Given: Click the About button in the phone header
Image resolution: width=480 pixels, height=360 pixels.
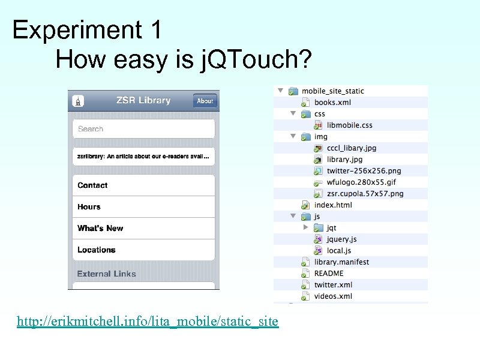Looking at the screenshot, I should [x=205, y=101].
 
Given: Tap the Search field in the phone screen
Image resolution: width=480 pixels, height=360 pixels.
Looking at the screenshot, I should [x=143, y=129].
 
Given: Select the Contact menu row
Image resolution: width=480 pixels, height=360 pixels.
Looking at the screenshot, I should [x=143, y=185].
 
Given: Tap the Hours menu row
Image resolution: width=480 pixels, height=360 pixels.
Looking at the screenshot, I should [x=143, y=207].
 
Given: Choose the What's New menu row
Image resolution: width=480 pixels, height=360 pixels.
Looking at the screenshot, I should [x=143, y=229].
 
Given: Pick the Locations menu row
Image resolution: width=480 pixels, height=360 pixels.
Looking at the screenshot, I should [x=143, y=250].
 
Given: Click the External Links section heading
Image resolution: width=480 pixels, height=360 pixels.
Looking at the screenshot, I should [x=107, y=274].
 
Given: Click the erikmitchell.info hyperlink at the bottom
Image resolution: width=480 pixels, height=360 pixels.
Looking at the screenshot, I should [x=148, y=322].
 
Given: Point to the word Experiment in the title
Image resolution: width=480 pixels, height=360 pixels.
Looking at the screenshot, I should [x=74, y=30].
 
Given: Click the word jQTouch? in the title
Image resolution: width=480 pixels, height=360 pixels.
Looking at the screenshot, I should [x=256, y=59].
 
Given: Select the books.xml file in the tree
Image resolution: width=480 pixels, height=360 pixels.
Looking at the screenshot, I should [x=332, y=103].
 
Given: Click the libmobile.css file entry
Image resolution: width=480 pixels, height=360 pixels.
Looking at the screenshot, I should [x=349, y=125].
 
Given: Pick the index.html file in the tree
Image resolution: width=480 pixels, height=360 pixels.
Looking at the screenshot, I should [x=333, y=205].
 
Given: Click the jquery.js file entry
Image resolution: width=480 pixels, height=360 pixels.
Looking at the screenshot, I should [x=342, y=239].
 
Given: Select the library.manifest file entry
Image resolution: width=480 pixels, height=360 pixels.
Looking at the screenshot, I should [x=341, y=262].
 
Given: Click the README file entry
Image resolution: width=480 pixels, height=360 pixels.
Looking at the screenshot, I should [x=329, y=274].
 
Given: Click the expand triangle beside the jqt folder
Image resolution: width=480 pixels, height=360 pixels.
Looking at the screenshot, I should [x=305, y=227].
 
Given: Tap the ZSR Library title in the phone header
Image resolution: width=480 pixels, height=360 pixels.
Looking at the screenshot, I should [x=143, y=100].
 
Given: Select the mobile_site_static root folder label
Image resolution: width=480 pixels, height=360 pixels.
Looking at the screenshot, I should [x=332, y=91].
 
